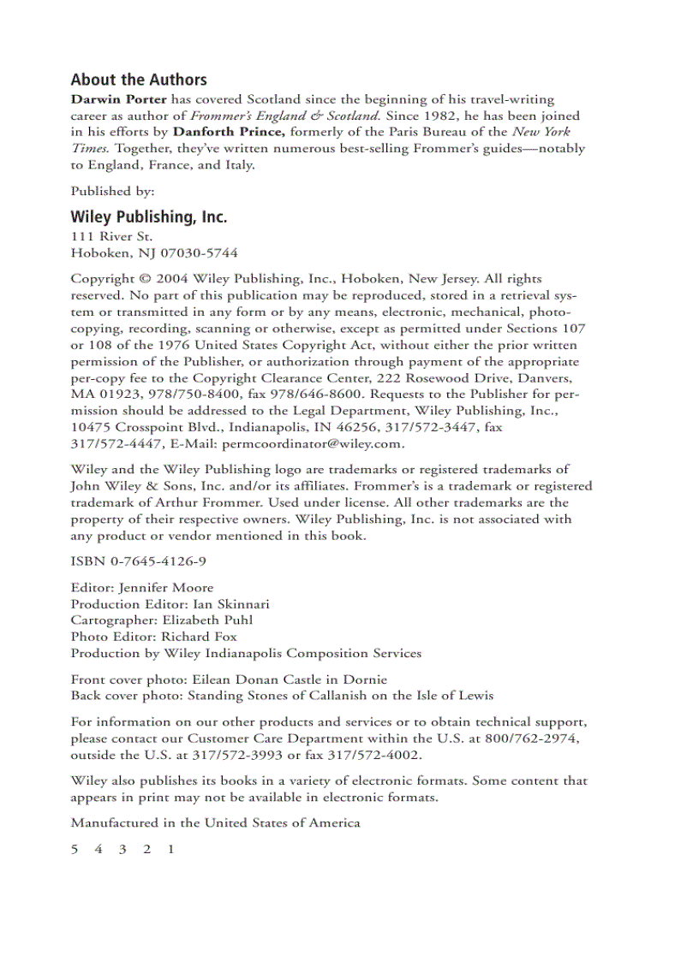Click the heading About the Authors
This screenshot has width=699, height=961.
(x=139, y=80)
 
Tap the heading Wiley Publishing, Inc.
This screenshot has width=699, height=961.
(x=149, y=217)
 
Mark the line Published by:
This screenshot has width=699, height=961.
(x=112, y=191)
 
